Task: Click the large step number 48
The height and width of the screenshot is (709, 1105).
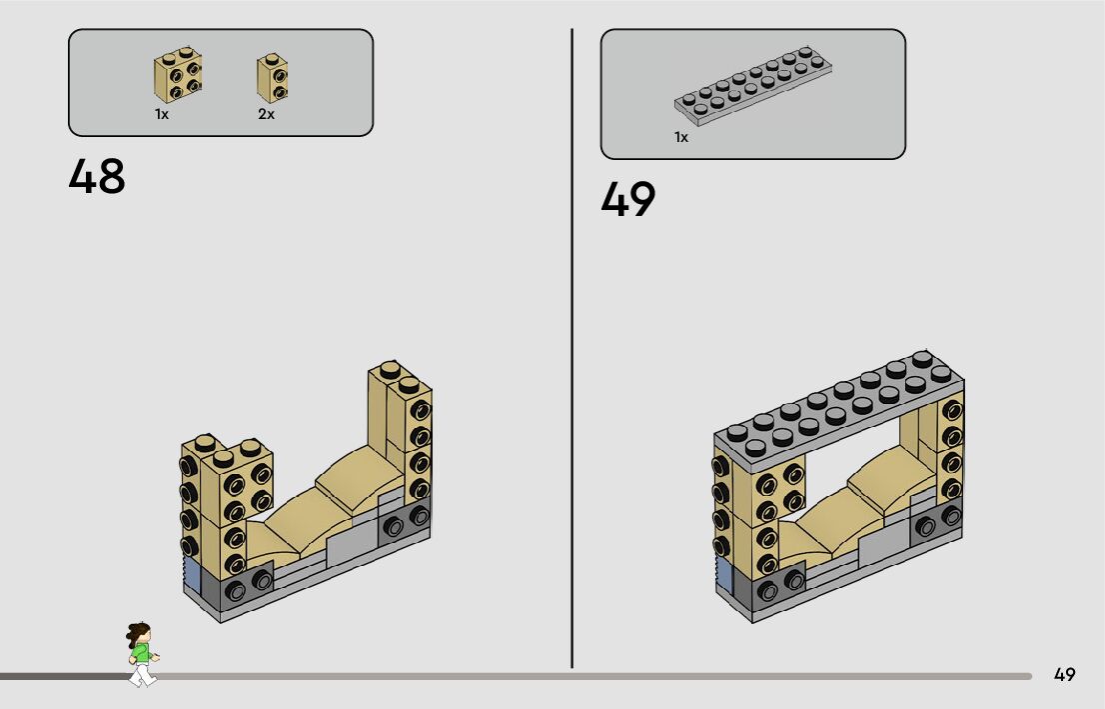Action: tap(97, 177)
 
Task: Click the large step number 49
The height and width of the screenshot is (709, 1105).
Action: tap(628, 199)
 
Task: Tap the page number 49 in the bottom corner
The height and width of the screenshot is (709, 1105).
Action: tap(1064, 674)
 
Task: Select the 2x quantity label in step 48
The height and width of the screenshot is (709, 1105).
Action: tap(266, 115)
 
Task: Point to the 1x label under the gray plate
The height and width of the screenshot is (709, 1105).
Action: tap(681, 137)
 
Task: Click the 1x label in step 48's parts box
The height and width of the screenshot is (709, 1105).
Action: tap(162, 115)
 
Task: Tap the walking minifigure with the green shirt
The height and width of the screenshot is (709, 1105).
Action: tap(142, 655)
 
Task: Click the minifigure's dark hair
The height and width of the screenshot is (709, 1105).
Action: tap(138, 632)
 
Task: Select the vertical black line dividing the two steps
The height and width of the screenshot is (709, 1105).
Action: tap(572, 350)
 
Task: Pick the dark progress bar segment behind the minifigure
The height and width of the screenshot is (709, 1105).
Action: tap(60, 676)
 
